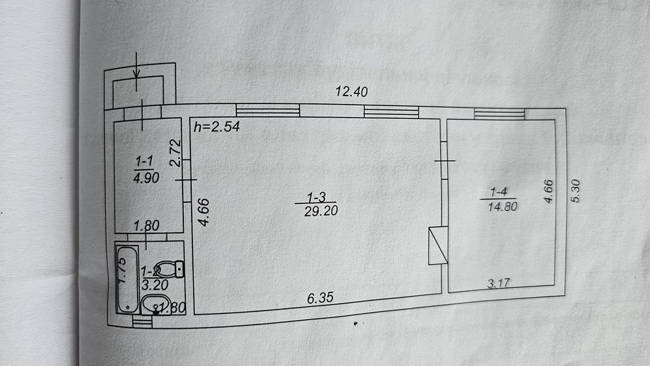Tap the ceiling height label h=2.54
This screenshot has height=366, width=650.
217,127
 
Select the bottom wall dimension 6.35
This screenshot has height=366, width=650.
320,299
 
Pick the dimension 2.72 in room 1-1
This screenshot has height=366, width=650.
174,153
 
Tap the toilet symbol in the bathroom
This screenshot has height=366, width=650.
172,267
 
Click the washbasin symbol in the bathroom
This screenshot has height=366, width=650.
155,303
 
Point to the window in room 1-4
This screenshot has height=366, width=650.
499,114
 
